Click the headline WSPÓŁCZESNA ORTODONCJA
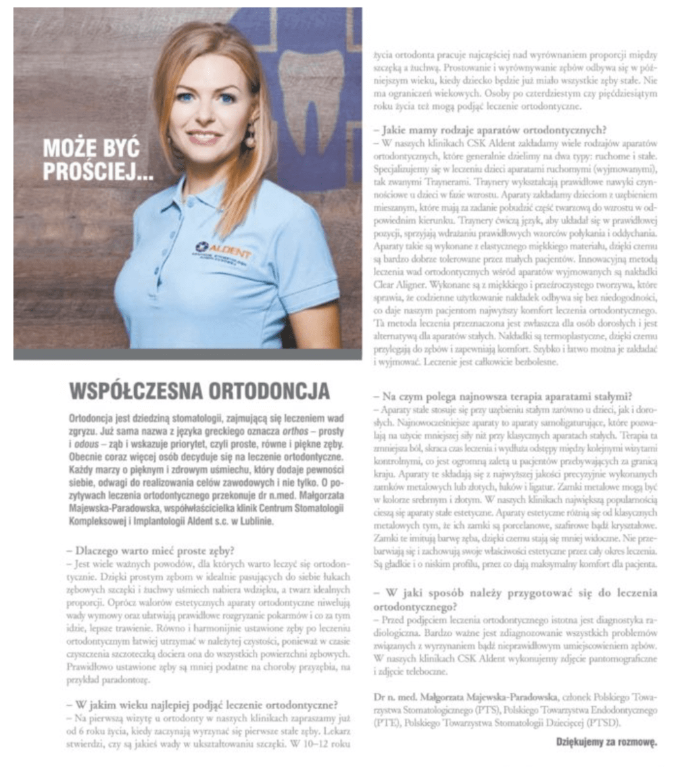pos(200,391)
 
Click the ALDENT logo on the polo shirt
pos(223,249)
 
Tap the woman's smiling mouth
pos(204,137)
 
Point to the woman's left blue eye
pos(226,99)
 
